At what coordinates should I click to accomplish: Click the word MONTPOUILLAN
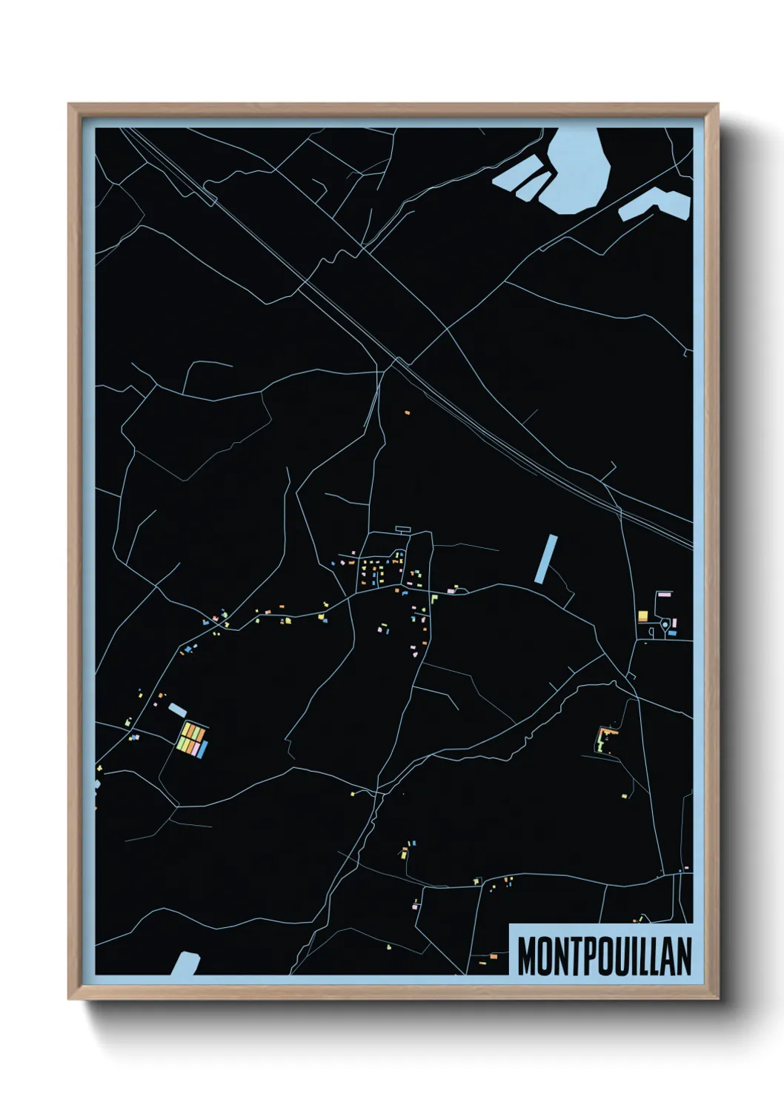point(604,956)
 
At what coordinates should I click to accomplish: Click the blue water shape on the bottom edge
point(185,963)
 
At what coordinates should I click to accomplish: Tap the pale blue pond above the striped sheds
point(177,709)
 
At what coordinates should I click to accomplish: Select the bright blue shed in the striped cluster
point(202,750)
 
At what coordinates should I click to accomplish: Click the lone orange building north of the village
point(407,412)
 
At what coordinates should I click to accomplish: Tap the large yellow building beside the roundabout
point(642,616)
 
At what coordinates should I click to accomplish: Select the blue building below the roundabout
point(672,634)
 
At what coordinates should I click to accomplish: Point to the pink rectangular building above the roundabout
point(664,594)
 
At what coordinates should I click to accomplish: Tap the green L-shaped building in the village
point(434,598)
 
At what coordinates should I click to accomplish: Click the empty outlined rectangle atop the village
point(403,529)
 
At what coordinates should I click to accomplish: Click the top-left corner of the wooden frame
point(70,105)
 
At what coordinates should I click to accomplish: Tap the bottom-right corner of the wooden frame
point(717,998)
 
